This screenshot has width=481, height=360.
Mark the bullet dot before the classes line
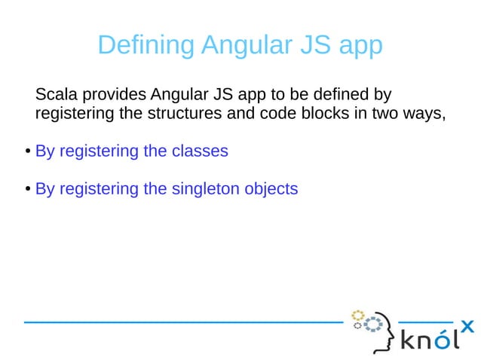tap(26, 151)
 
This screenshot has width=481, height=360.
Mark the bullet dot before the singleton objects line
tap(26, 189)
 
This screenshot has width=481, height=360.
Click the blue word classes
tap(200, 151)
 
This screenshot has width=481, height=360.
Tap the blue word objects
tap(271, 189)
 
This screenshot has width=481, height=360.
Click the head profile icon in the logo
tap(380, 331)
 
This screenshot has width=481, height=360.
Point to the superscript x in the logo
tap(467, 326)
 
